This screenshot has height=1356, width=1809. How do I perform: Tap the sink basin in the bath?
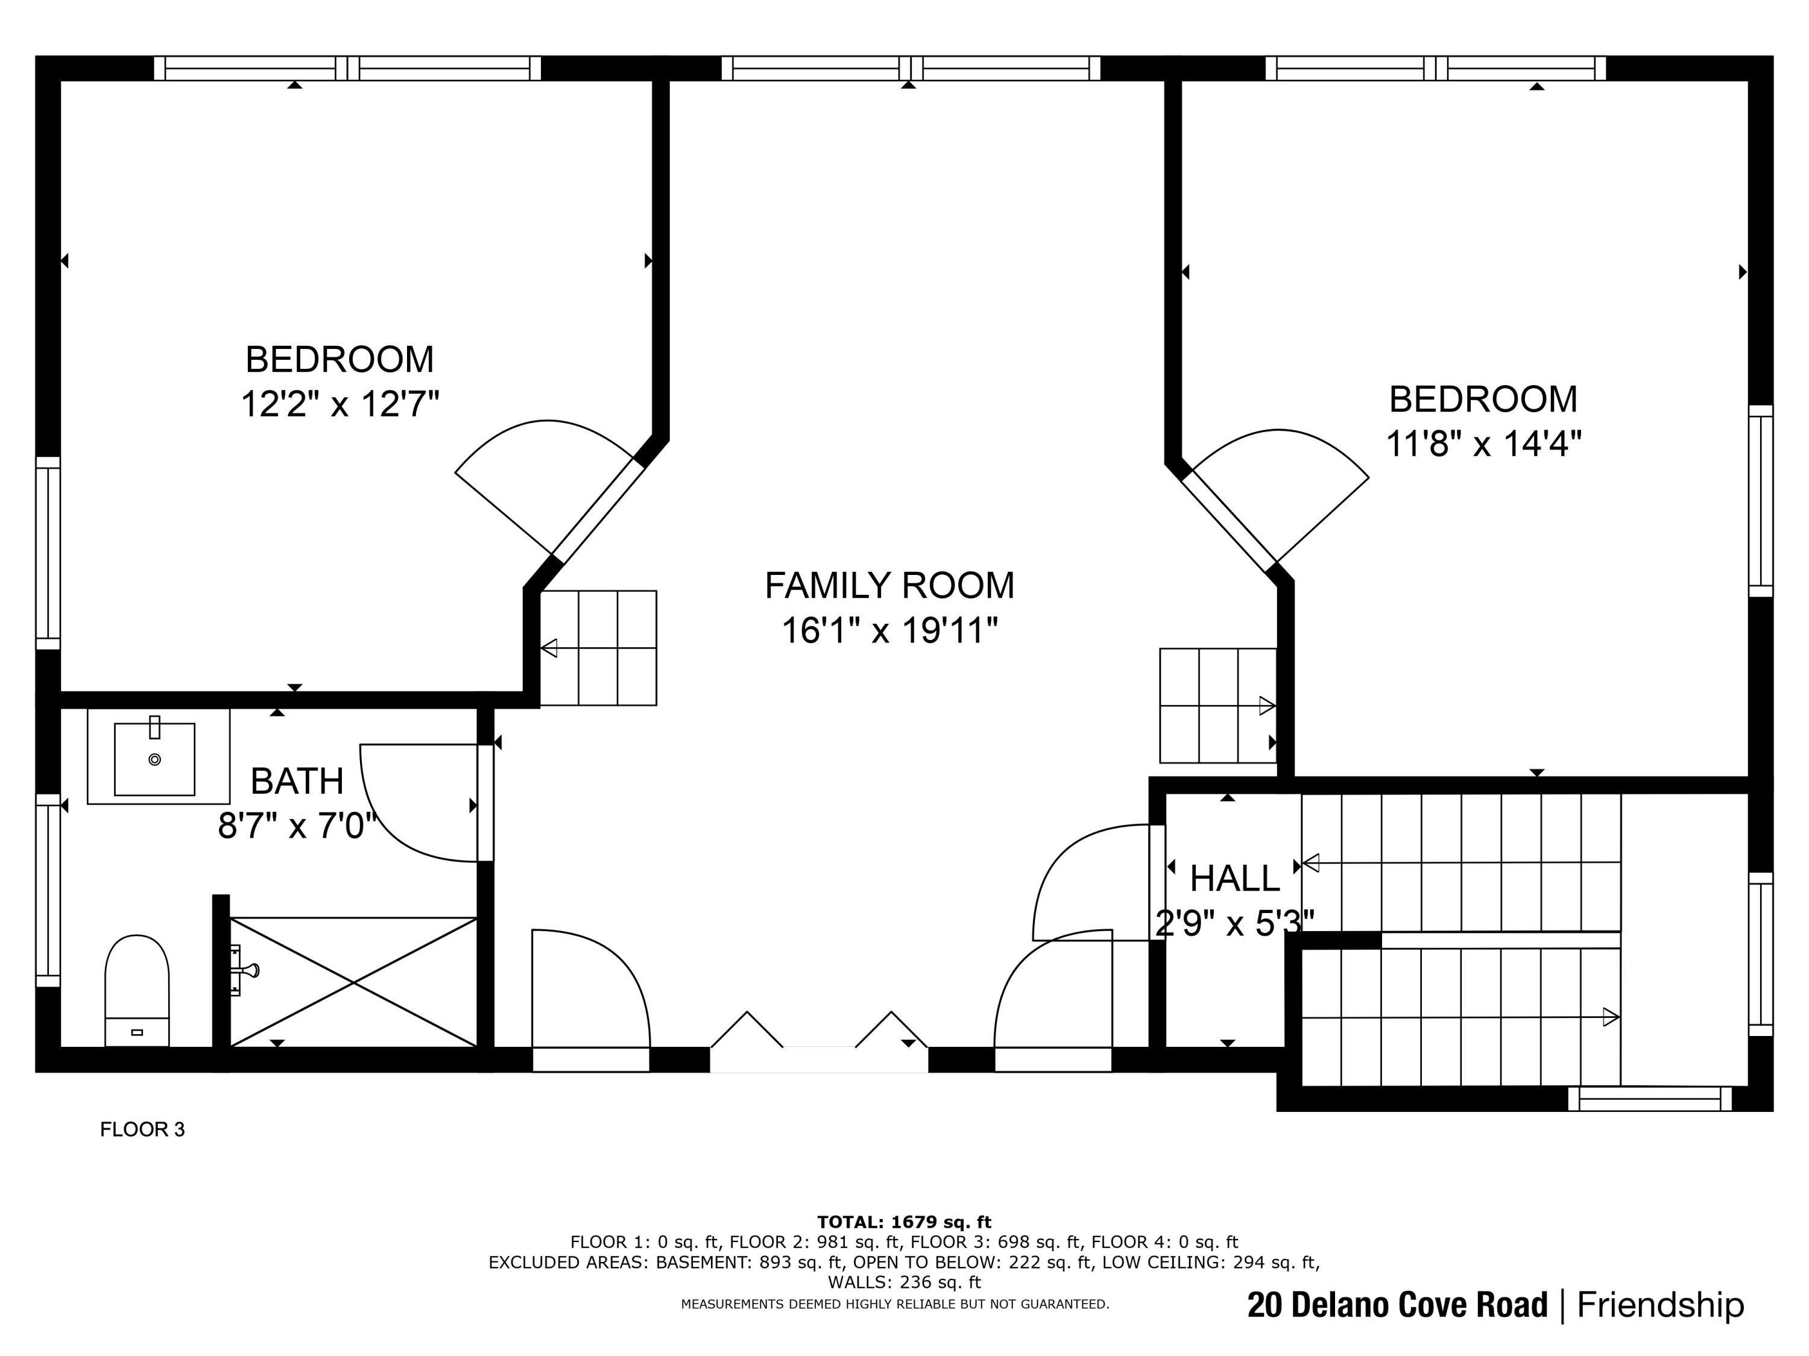pos(154,759)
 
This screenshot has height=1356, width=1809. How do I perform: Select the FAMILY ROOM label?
pos(889,585)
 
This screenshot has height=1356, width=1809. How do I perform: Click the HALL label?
pos(1235,879)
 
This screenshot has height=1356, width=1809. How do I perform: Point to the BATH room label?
pos(297,782)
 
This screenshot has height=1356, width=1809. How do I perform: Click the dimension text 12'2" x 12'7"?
pos(340,404)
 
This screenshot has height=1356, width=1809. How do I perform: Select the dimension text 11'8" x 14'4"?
pos(1483,444)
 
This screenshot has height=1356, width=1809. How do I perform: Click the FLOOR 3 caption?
pos(142,1129)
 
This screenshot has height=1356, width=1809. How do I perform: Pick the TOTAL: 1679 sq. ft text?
pos(904,1222)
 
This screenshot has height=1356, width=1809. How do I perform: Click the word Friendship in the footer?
pos(1660,1305)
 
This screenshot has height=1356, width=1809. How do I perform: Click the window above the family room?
pos(910,69)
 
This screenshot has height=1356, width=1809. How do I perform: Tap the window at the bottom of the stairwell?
pos(1650,1099)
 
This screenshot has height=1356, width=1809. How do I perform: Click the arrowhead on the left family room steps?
pos(549,648)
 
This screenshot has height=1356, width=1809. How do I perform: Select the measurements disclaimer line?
pos(895,1305)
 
